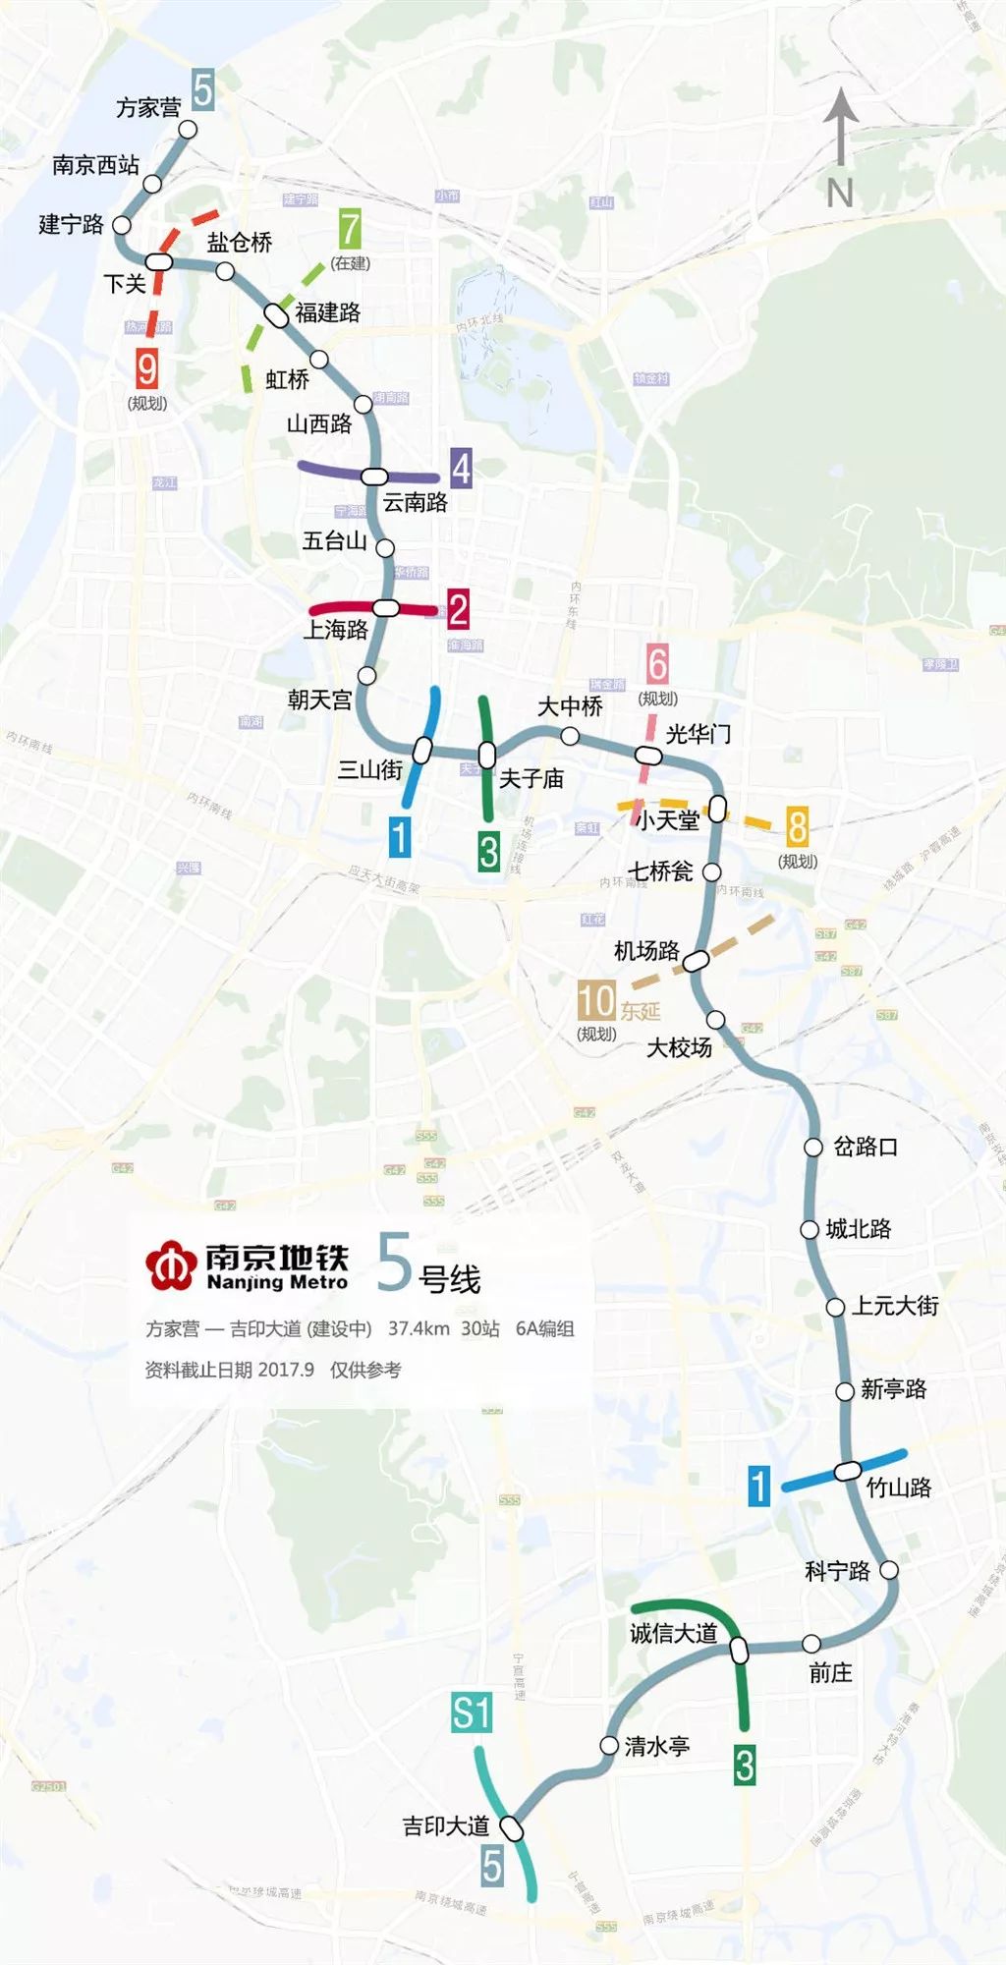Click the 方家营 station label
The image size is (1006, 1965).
pyautogui.click(x=148, y=107)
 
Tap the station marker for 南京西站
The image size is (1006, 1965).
pyautogui.click(x=152, y=184)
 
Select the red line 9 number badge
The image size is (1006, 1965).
pyautogui.click(x=146, y=368)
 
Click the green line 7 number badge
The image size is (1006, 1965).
pyautogui.click(x=350, y=230)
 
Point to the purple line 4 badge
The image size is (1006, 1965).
pyautogui.click(x=461, y=469)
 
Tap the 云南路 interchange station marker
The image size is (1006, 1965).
pyautogui.click(x=374, y=477)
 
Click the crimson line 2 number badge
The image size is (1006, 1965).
pyautogui.click(x=458, y=609)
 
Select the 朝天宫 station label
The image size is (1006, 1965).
pyautogui.click(x=319, y=700)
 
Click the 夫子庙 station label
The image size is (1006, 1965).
pyautogui.click(x=531, y=779)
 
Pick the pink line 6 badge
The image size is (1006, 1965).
pyautogui.click(x=657, y=664)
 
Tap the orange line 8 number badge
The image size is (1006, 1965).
pyautogui.click(x=797, y=827)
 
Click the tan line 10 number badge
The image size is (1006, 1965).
pyautogui.click(x=596, y=1000)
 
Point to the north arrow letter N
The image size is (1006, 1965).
pyautogui.click(x=840, y=193)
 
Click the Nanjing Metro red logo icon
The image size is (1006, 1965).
pyautogui.click(x=171, y=1266)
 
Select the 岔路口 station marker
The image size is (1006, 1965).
pyautogui.click(x=813, y=1147)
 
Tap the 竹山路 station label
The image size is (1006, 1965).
pyautogui.click(x=899, y=1488)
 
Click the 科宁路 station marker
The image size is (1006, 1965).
pyautogui.click(x=889, y=1570)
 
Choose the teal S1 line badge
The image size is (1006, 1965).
pyautogui.click(x=472, y=1712)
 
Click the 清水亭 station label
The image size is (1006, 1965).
pyautogui.click(x=657, y=1746)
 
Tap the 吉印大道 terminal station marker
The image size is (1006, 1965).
pyautogui.click(x=512, y=1828)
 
